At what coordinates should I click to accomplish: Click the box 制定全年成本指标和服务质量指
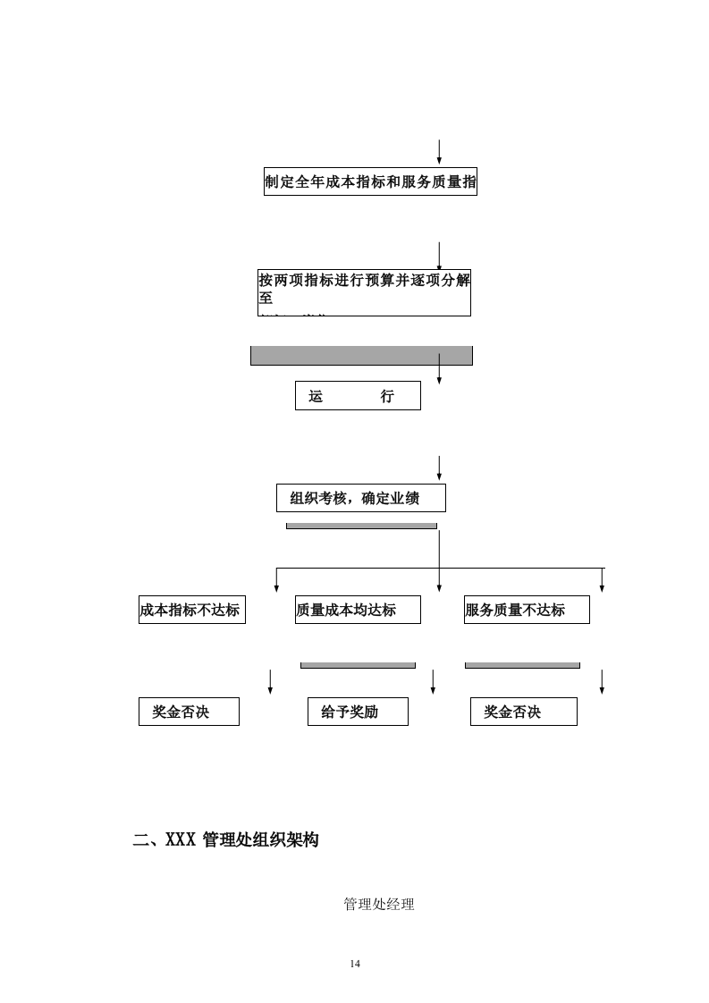(370, 181)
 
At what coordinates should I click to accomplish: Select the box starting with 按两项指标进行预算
(364, 292)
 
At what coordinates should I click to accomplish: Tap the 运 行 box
(358, 396)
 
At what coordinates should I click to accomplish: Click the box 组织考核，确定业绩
(360, 498)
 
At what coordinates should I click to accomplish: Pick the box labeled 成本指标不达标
(191, 610)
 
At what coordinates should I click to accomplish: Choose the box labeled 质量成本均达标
(358, 610)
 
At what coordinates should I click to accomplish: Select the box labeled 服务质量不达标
(527, 610)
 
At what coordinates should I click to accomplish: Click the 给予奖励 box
(358, 712)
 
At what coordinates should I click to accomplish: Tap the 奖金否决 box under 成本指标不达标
(189, 712)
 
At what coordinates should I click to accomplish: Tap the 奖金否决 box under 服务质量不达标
(523, 712)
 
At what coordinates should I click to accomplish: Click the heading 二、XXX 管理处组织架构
(225, 839)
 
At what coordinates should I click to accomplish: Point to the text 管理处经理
(379, 904)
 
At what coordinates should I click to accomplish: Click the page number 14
(355, 963)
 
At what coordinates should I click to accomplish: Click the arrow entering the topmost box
(439, 152)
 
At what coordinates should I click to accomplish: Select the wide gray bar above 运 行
(361, 356)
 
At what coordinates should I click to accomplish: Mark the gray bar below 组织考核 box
(361, 526)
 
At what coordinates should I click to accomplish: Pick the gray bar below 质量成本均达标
(358, 665)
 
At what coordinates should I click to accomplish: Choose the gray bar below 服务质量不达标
(522, 665)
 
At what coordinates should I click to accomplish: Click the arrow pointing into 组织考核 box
(439, 468)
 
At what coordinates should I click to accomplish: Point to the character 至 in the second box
(266, 299)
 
